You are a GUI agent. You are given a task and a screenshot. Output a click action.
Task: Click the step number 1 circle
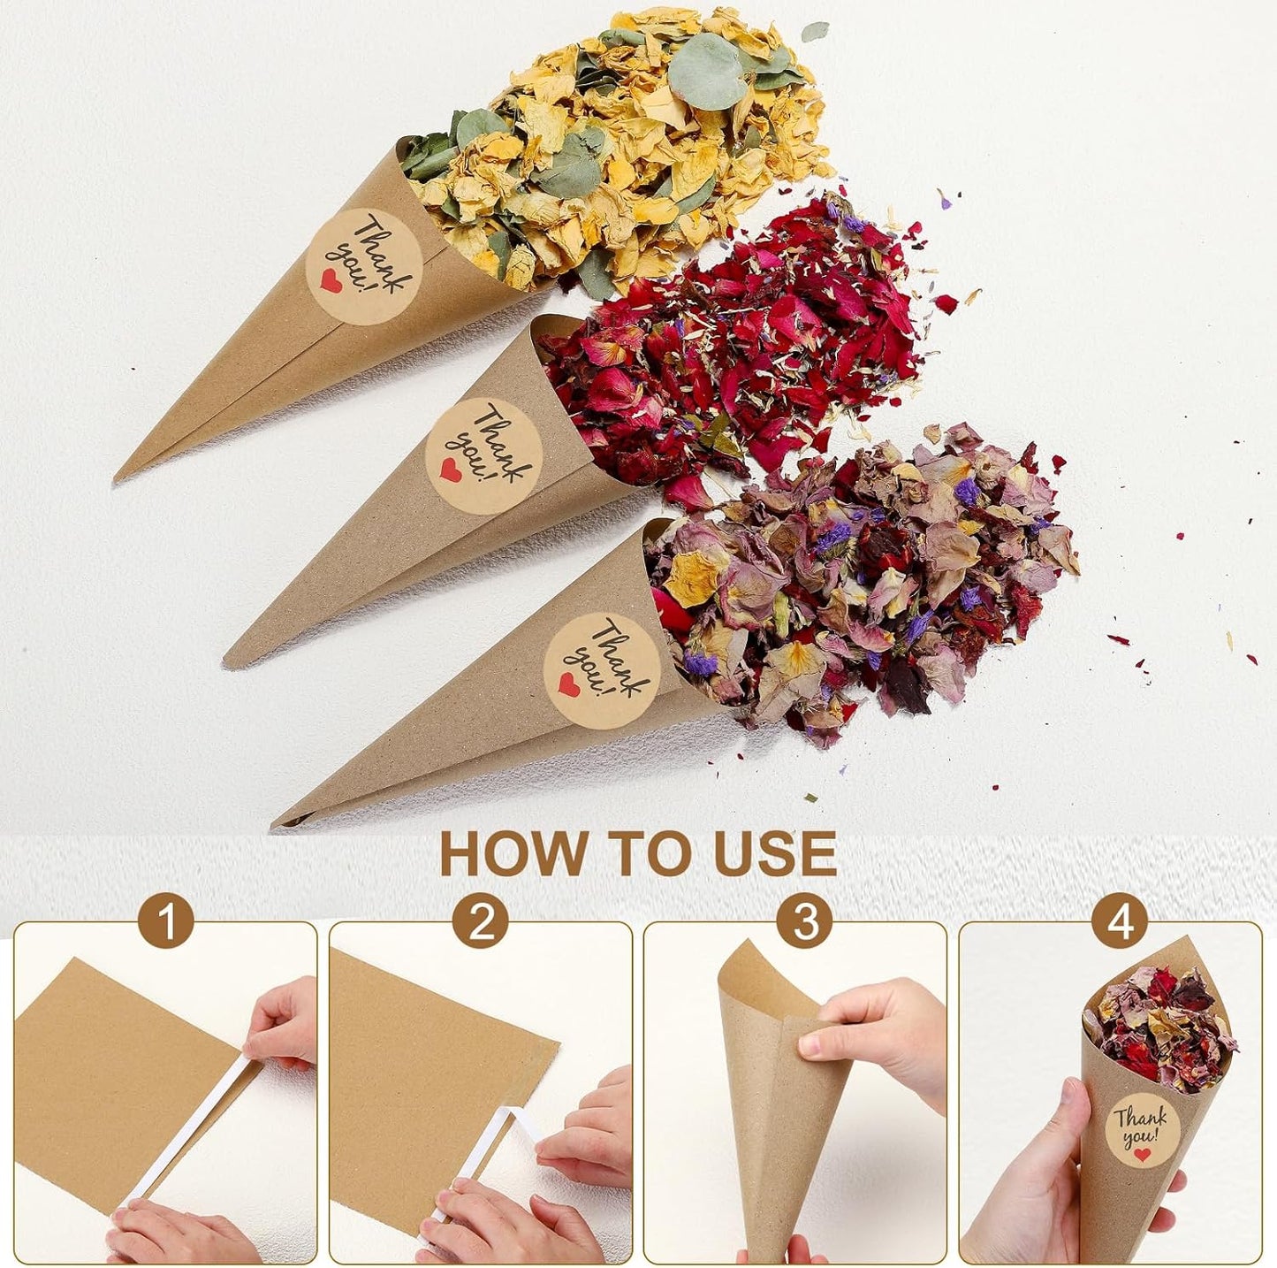point(165,922)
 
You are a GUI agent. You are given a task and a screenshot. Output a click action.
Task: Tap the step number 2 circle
point(480,922)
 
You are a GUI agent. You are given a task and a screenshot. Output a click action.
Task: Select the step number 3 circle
point(803,922)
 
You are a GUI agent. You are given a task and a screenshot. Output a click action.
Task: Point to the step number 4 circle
point(1120,922)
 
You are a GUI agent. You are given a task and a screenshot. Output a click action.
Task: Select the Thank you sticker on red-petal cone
point(483,454)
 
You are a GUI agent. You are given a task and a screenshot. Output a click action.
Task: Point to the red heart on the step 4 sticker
point(1143,1155)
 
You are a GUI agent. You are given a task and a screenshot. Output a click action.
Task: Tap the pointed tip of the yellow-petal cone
point(117,479)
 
